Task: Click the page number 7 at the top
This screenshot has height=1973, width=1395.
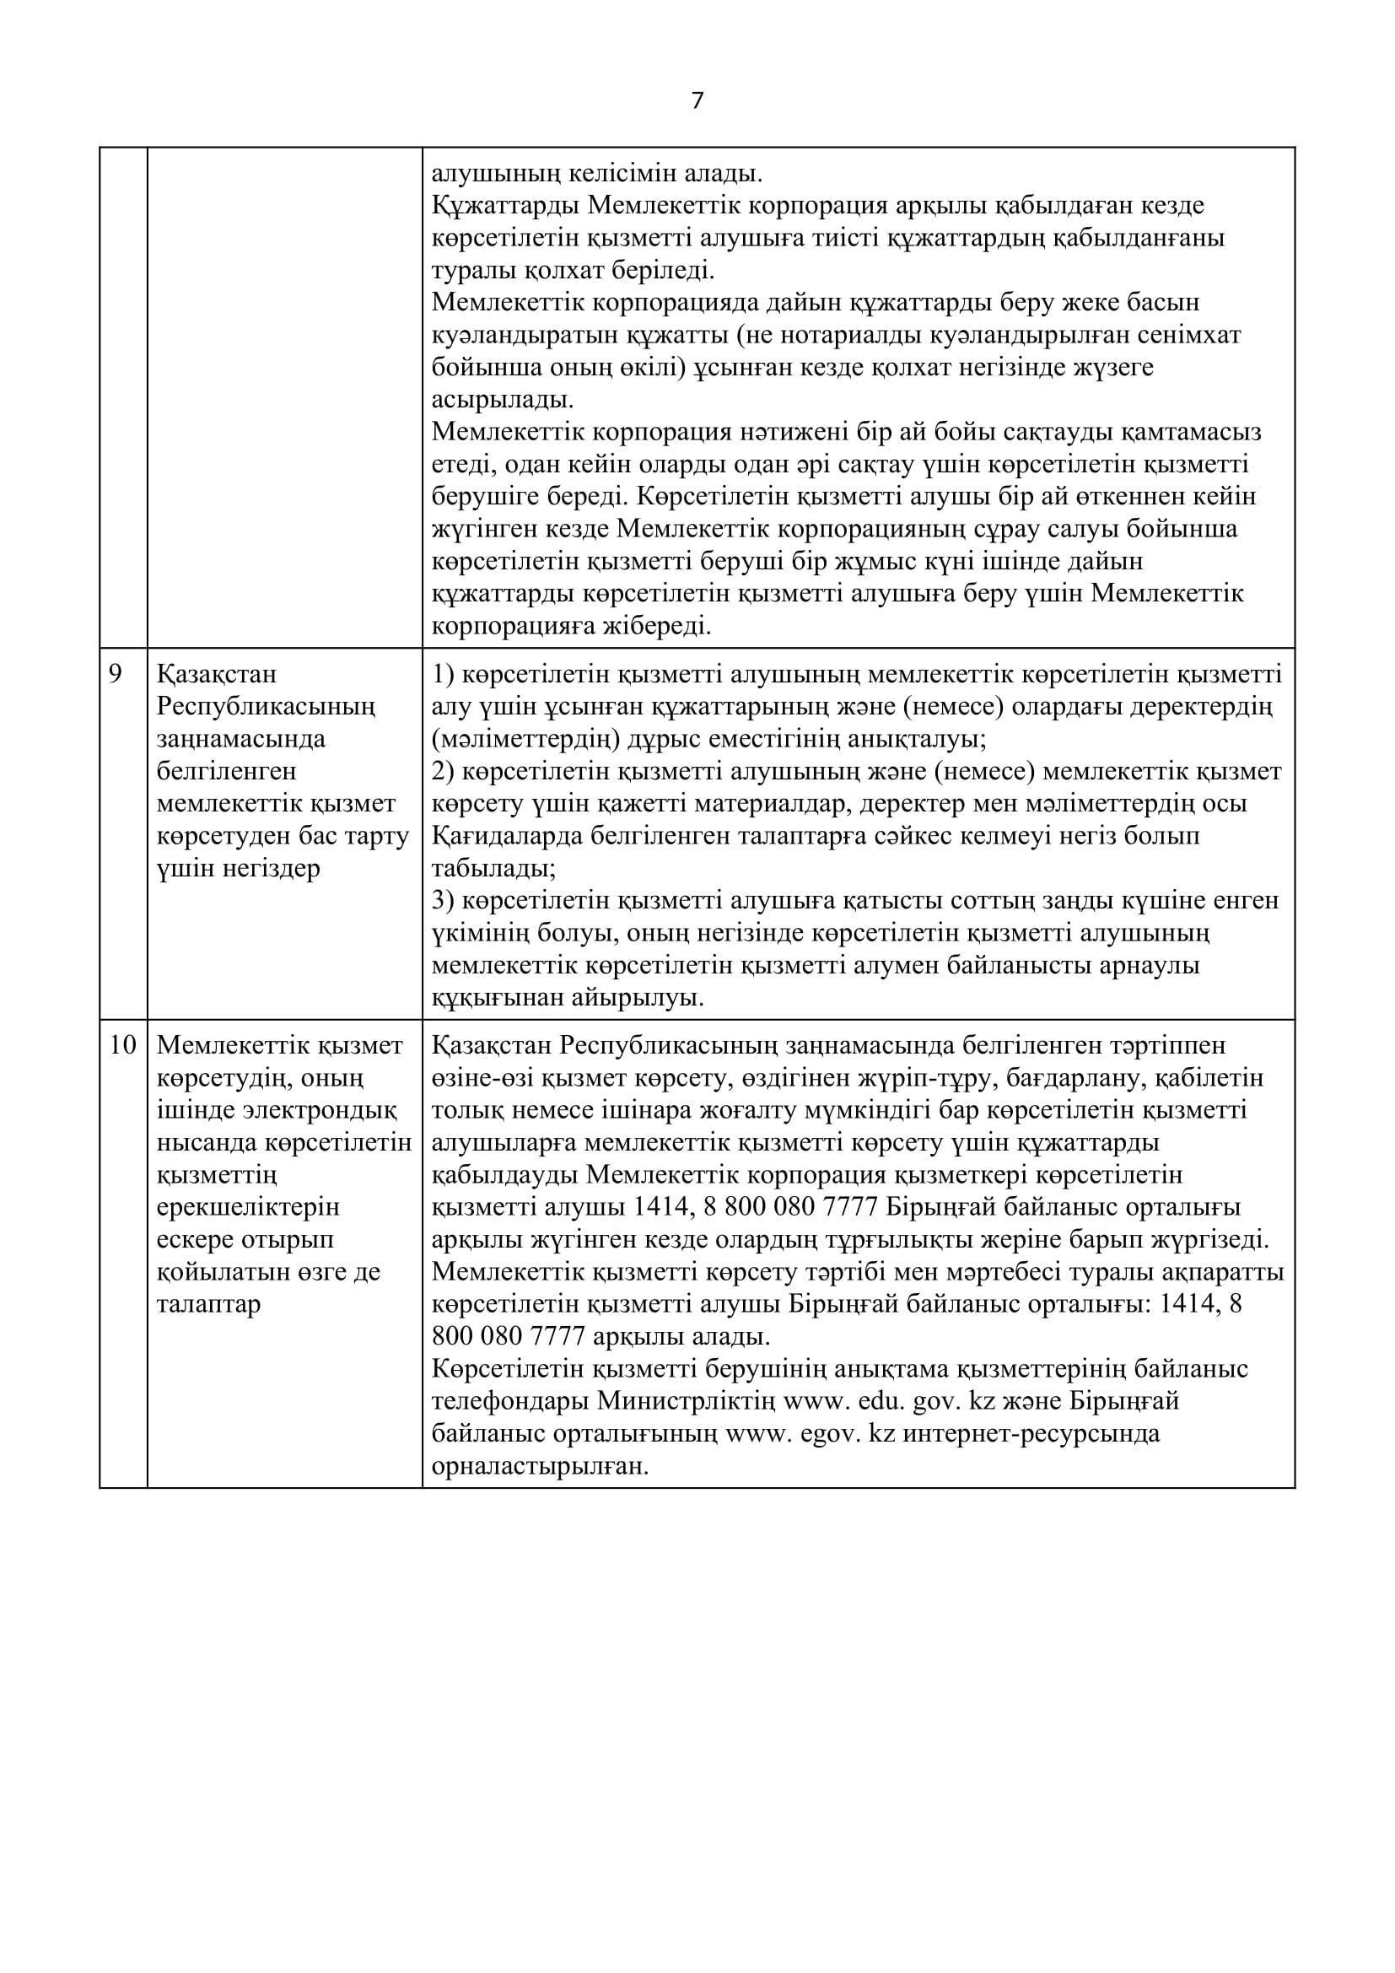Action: pos(697,101)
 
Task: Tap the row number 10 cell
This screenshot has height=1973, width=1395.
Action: pos(123,1046)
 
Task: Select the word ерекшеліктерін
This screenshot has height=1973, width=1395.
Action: pos(249,1207)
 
